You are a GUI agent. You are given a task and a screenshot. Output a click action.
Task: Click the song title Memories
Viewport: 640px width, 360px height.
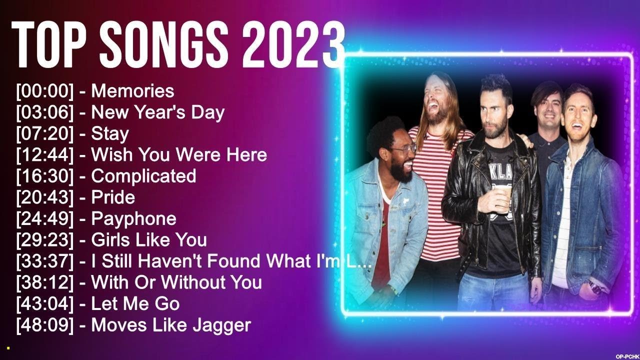click(x=132, y=91)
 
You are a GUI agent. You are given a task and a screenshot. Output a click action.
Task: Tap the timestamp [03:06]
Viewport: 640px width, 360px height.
click(x=45, y=112)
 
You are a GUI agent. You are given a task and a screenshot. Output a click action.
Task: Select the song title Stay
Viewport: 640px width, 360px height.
click(x=109, y=134)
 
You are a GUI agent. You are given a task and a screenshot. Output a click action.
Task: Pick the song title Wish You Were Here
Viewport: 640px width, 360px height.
click(x=179, y=155)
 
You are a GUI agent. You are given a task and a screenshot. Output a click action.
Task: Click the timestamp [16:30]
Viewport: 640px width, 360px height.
click(x=45, y=176)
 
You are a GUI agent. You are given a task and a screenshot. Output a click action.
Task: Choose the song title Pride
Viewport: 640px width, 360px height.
click(x=113, y=197)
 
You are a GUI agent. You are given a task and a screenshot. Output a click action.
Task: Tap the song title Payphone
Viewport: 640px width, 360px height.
click(x=133, y=218)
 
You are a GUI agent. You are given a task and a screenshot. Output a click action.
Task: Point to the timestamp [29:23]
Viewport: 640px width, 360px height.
click(x=45, y=240)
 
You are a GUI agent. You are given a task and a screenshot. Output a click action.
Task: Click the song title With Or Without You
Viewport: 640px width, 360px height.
click(x=176, y=282)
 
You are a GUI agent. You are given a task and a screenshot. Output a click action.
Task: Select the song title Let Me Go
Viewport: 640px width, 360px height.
click(x=135, y=303)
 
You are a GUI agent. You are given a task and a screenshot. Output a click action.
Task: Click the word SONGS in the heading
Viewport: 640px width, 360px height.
click(x=172, y=46)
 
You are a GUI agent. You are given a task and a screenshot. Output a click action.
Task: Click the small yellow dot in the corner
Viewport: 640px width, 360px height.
click(x=8, y=347)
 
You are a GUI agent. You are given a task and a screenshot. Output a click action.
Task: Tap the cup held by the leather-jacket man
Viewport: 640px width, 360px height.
click(x=503, y=196)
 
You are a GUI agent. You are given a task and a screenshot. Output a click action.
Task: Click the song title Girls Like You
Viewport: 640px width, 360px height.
click(x=149, y=240)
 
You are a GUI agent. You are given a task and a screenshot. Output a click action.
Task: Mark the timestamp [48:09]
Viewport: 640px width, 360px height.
click(x=45, y=325)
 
